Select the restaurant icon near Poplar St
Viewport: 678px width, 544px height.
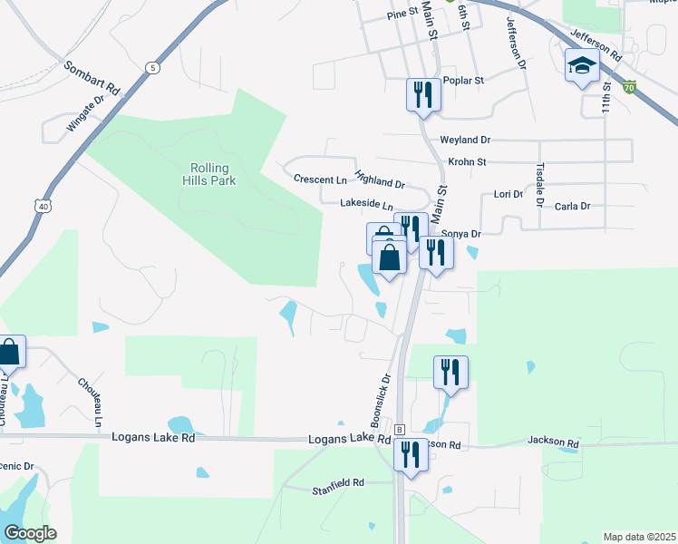423,94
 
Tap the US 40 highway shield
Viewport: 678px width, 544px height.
43,207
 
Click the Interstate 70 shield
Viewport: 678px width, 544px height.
630,88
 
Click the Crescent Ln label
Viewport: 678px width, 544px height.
320,180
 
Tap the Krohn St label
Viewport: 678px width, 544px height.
469,162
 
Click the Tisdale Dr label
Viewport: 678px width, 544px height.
540,182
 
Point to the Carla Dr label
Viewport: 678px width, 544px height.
572,207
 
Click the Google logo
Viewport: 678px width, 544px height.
30,533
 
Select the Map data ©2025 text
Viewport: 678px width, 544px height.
639,537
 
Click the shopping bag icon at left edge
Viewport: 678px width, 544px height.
10,352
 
